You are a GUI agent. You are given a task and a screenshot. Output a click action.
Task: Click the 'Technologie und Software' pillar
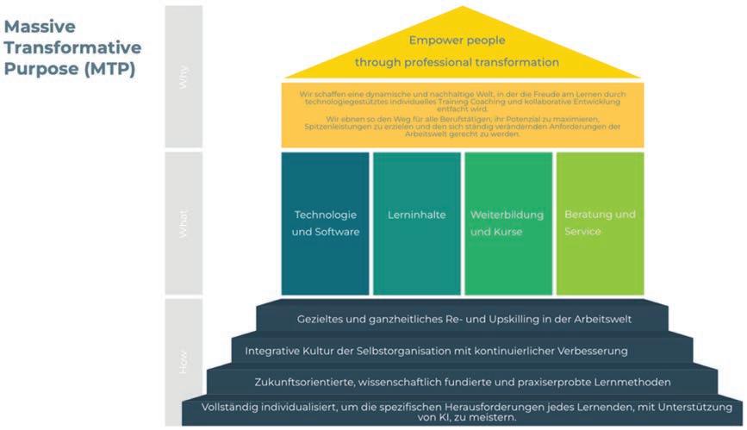pyautogui.click(x=326, y=223)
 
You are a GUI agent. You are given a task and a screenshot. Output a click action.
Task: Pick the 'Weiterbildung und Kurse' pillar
pyautogui.click(x=507, y=223)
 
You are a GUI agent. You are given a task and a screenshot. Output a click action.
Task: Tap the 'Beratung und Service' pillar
pyautogui.click(x=600, y=223)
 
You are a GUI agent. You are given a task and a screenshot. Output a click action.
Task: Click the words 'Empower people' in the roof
pyautogui.click(x=458, y=41)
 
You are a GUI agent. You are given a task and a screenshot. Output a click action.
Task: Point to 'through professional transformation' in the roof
pyautogui.click(x=458, y=62)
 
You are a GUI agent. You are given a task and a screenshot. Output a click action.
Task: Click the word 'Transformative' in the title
pyautogui.click(x=72, y=47)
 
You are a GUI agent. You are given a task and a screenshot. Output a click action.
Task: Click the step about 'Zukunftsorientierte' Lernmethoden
pyautogui.click(x=463, y=382)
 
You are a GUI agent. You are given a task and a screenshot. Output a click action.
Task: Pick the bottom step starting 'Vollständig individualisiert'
pyautogui.click(x=462, y=411)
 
